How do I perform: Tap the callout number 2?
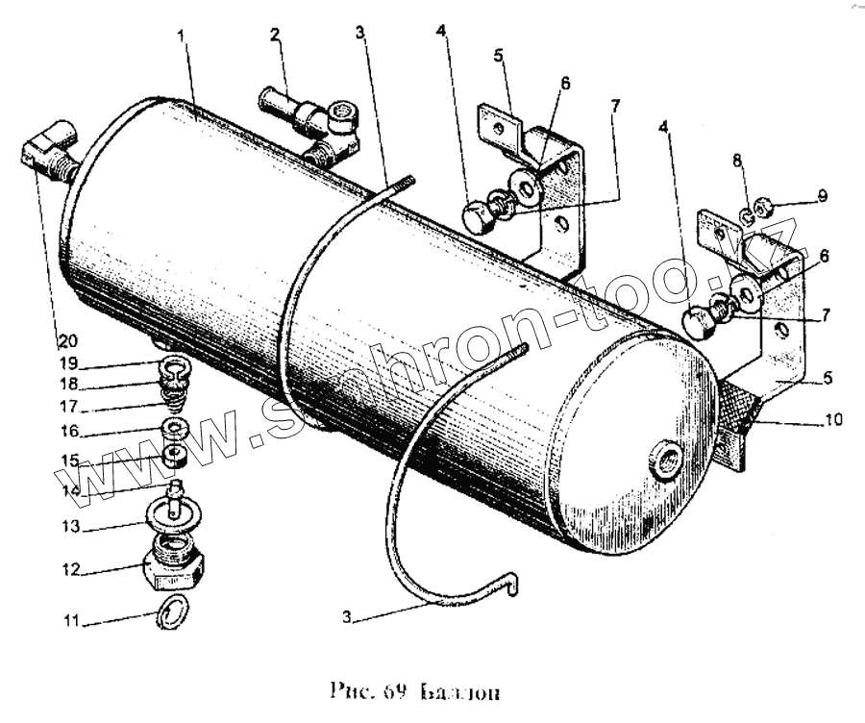coord(275,36)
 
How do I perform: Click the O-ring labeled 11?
coord(171,610)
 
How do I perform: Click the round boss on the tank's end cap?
coord(665,459)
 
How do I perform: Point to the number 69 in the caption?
coord(396,691)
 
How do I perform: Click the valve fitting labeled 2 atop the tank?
coord(308,120)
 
